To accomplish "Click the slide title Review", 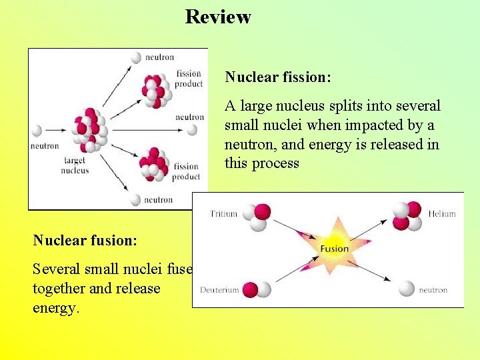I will pos(218,17).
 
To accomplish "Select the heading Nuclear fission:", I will pos(278,77).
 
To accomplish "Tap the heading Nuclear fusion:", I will pos(85,240).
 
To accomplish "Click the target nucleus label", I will pos(75,165).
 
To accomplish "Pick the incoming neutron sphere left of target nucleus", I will pos(37,131).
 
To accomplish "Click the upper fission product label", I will pos(189,79).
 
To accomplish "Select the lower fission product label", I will pos(187,171).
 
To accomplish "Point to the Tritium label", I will pos(223,214).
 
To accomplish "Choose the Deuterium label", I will pos(220,290).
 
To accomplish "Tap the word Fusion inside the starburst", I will pos(334,249).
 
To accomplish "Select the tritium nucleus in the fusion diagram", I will pos(257,215).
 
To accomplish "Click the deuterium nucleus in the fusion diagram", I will pos(257,289).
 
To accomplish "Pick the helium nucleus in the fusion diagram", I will pos(407,215).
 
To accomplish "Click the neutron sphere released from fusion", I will pos(407,289).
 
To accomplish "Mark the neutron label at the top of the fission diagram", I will pos(160,58).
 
